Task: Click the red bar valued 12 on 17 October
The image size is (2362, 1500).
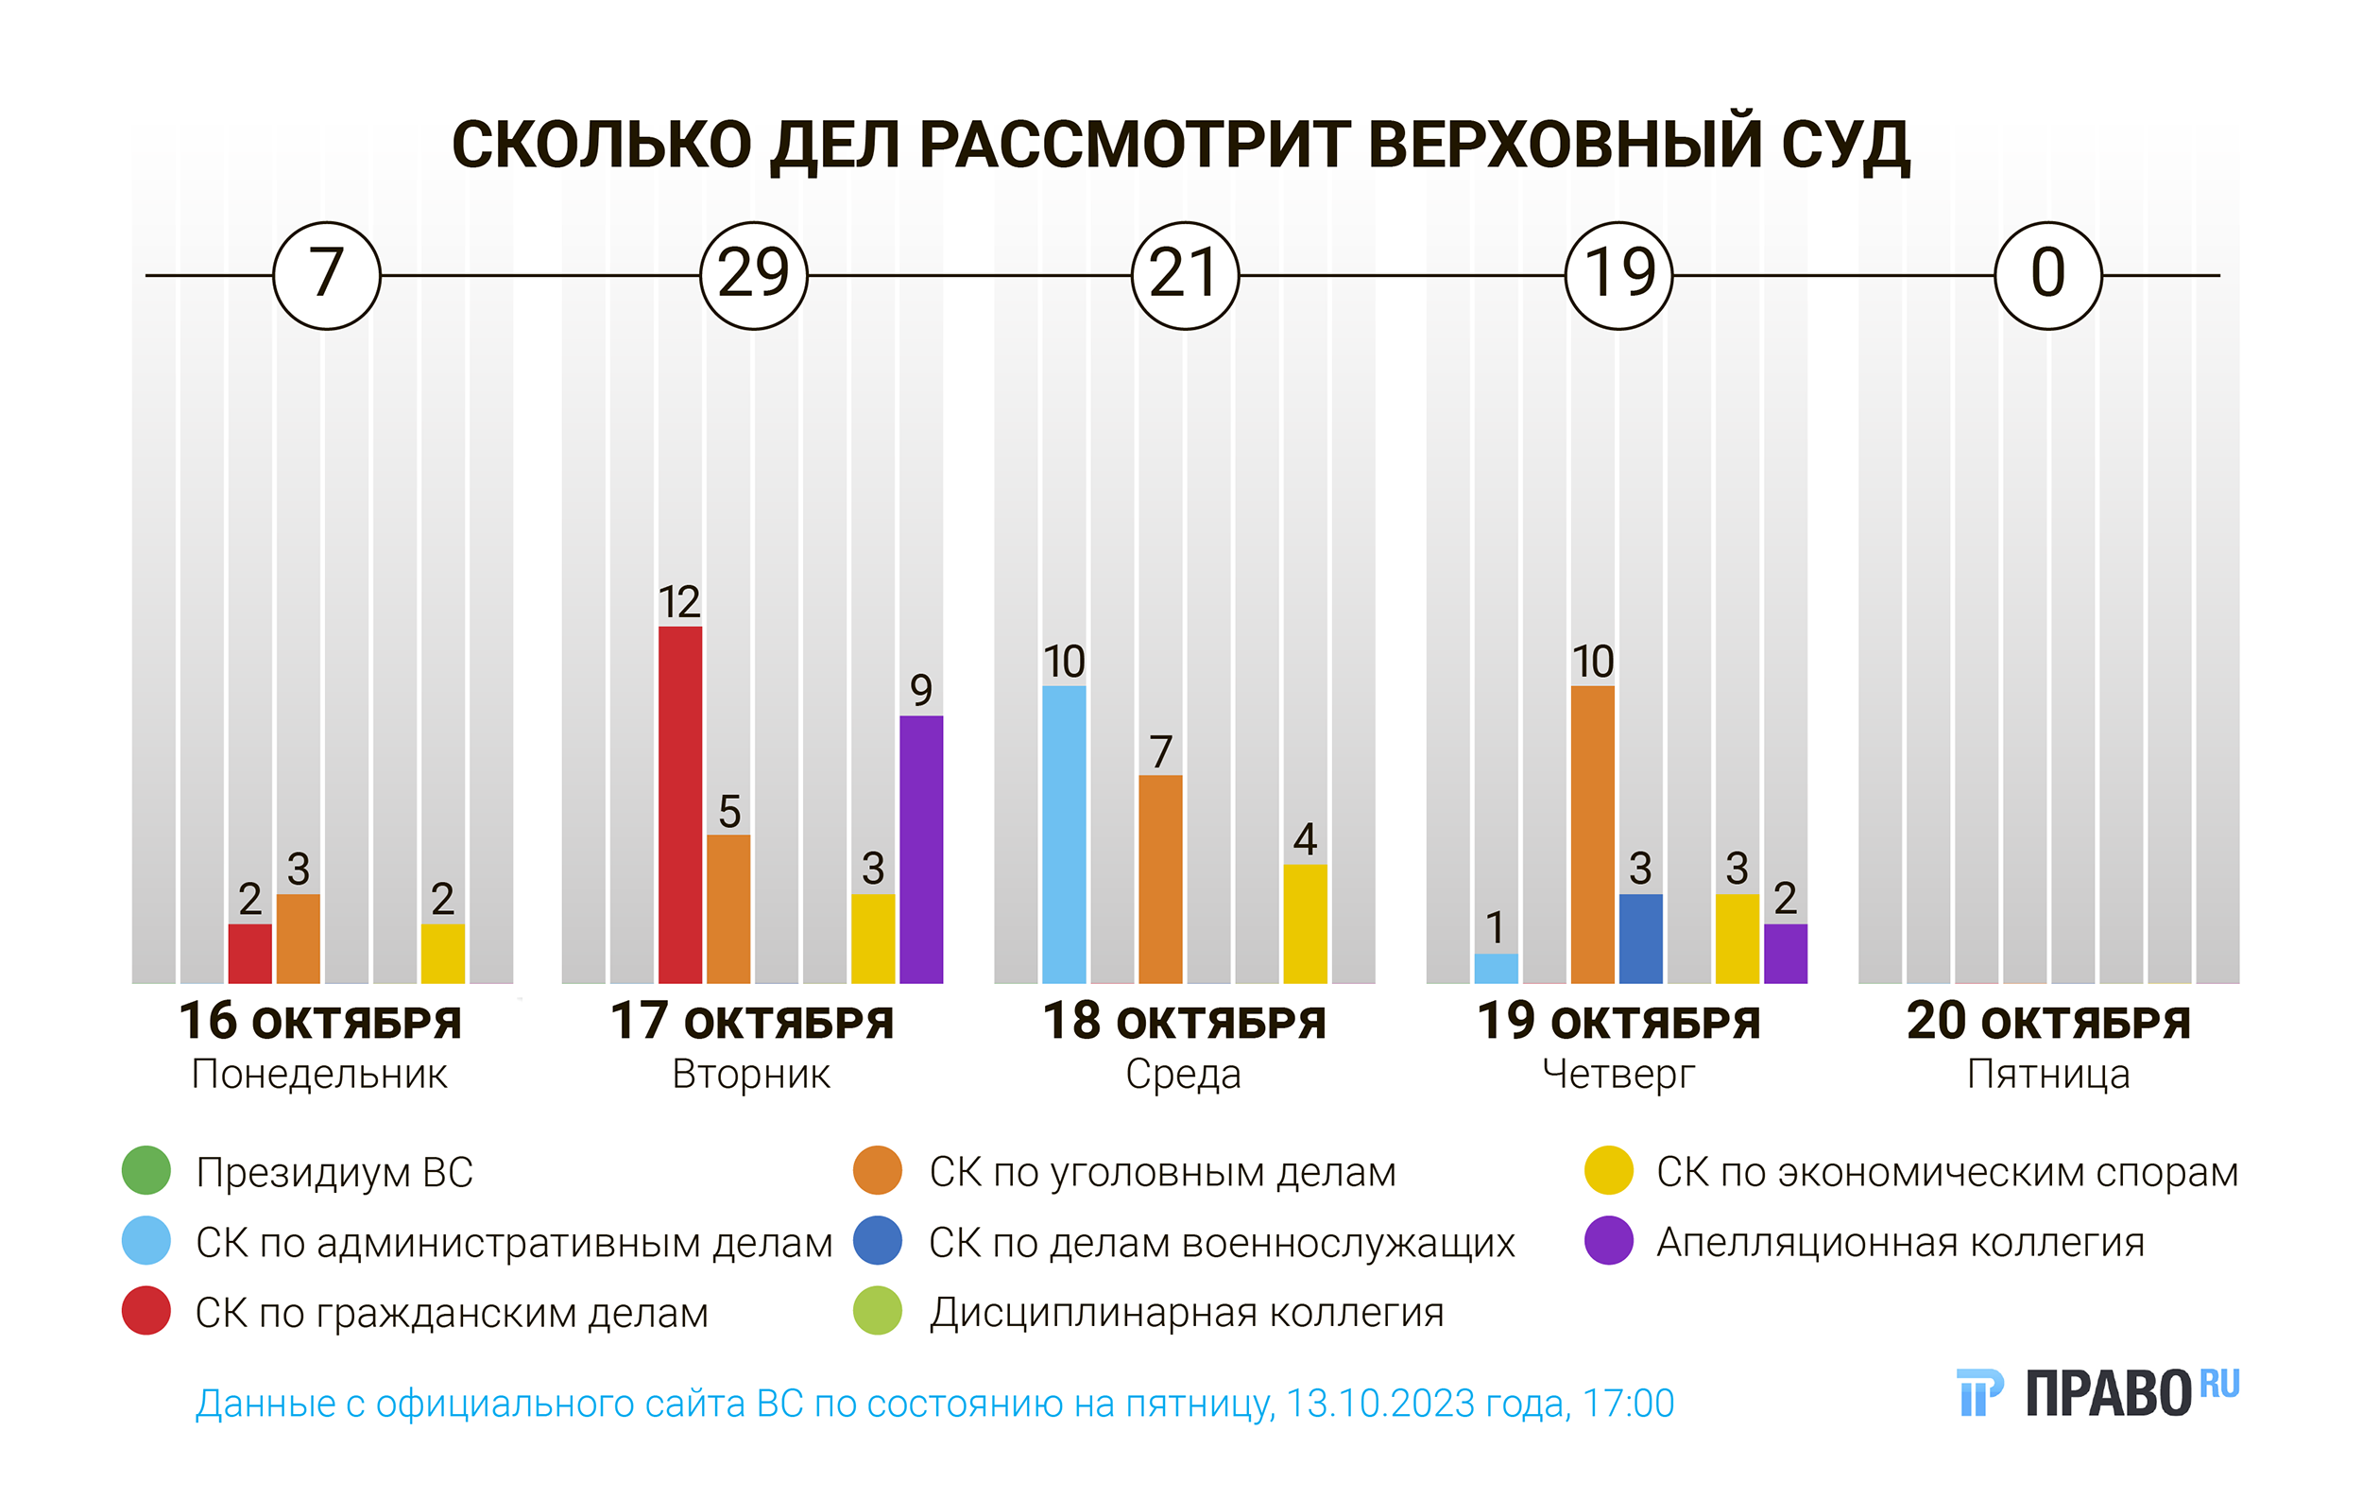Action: [679, 804]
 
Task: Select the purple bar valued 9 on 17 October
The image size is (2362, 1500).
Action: [921, 849]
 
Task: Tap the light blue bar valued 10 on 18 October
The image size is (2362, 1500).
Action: [1064, 834]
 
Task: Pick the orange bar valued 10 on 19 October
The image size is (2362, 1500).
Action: [1592, 834]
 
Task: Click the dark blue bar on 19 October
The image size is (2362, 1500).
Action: [1640, 938]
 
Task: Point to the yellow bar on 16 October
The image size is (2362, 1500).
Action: [442, 953]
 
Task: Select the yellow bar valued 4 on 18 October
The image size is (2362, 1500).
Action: [1305, 923]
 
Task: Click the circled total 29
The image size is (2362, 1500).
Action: [753, 275]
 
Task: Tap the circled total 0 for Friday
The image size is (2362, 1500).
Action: [2048, 275]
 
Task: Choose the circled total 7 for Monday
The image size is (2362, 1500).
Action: [327, 275]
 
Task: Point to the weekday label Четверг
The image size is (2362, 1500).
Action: [1618, 1075]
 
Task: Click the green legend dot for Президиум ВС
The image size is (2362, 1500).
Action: [146, 1170]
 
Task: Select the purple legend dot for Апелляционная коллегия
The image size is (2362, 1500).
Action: [1609, 1241]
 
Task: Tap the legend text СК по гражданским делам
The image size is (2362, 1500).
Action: [452, 1313]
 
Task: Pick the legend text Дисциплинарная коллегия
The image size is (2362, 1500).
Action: [1186, 1313]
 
